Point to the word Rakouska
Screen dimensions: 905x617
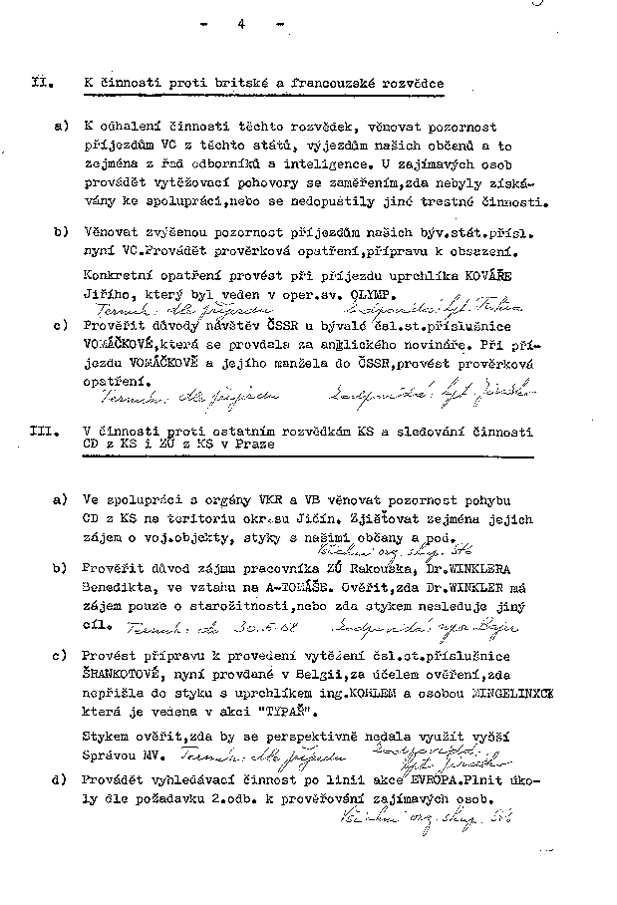pos(384,568)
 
